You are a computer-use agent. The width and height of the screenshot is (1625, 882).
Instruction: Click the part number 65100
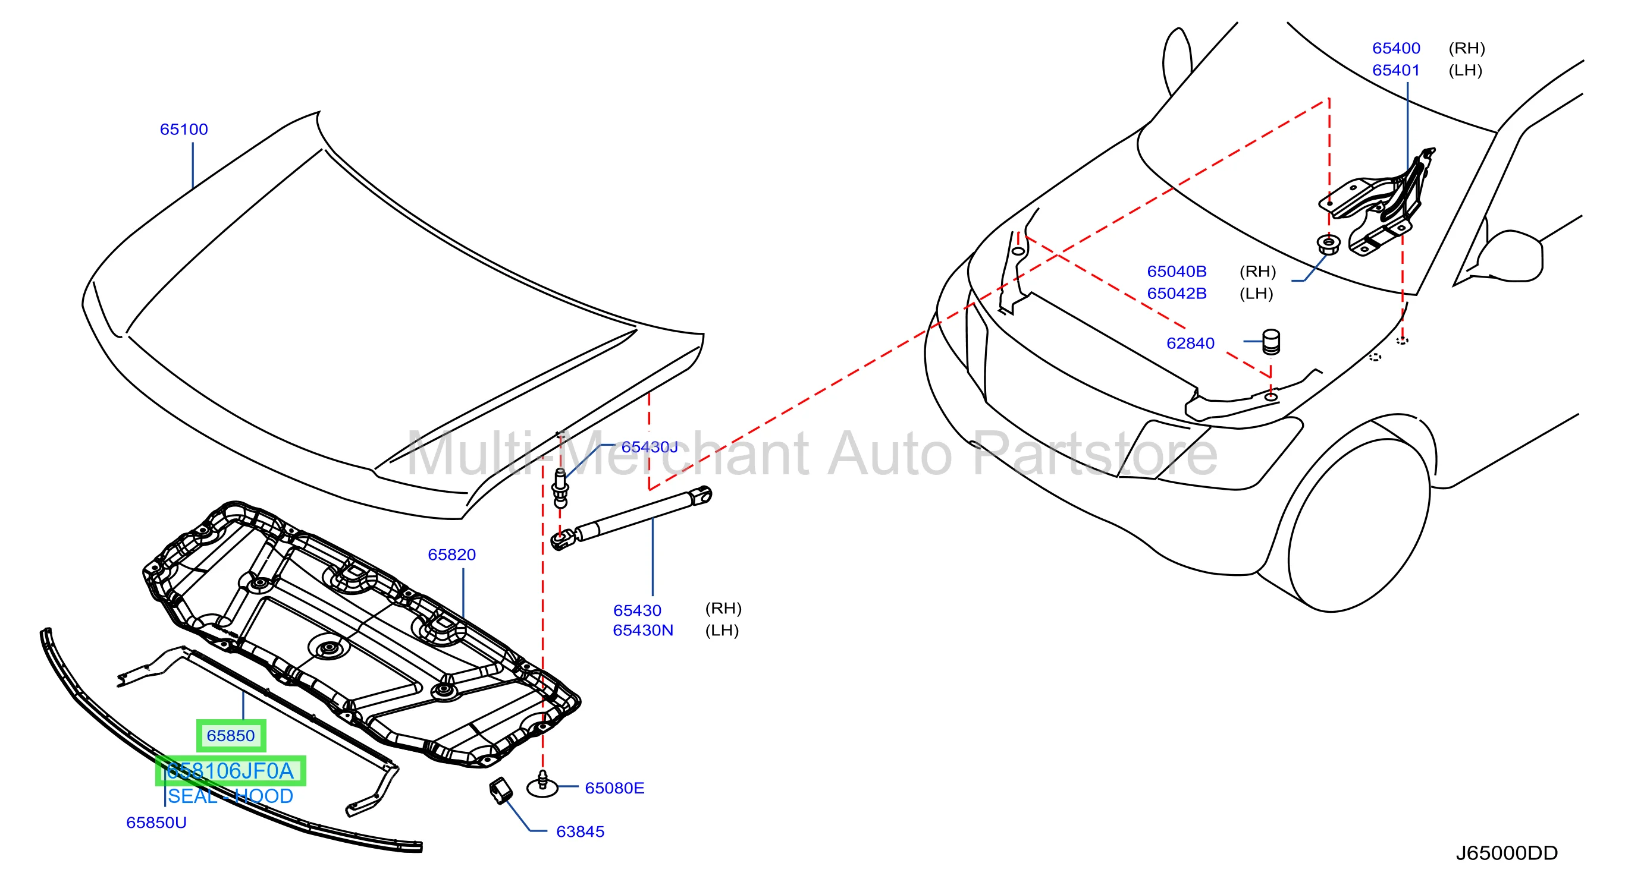[x=184, y=129]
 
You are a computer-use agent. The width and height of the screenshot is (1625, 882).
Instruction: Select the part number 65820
[x=451, y=555]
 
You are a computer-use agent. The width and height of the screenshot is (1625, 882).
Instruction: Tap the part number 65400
[x=1396, y=48]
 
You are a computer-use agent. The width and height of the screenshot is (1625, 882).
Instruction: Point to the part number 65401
[x=1396, y=70]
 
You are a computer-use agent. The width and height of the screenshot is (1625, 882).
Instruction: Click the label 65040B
[x=1177, y=271]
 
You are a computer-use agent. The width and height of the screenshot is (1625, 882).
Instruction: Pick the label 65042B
[x=1177, y=293]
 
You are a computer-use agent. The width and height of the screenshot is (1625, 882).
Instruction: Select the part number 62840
[x=1190, y=343]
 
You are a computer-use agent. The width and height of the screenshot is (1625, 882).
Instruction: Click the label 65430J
[x=649, y=447]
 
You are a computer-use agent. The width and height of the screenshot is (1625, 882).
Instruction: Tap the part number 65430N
[x=643, y=631]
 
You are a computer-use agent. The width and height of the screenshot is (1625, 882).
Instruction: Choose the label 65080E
[x=614, y=788]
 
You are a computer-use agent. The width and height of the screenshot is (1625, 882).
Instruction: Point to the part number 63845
[x=580, y=831]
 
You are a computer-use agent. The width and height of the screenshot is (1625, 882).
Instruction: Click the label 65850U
[x=156, y=823]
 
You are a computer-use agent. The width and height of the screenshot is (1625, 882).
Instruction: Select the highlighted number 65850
[x=231, y=736]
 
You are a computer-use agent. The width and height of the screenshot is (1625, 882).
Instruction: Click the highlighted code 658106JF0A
[x=231, y=771]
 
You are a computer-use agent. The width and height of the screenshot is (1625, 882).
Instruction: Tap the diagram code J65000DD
[x=1507, y=853]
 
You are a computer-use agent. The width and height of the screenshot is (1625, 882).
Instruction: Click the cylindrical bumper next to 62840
[x=1270, y=342]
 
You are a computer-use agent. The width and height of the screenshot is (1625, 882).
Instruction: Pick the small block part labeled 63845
[x=501, y=791]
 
